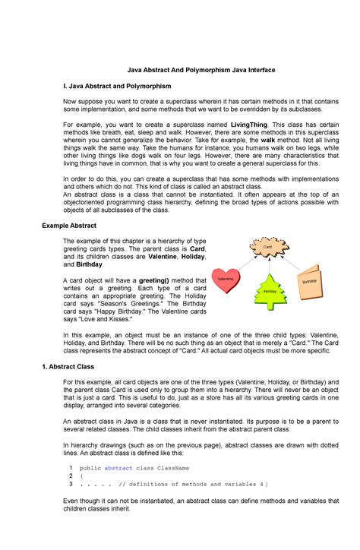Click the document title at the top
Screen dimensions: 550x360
coord(179,69)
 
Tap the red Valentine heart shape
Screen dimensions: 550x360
coord(226,280)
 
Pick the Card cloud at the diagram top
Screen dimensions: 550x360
coord(267,248)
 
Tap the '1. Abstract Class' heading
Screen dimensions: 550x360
coord(67,366)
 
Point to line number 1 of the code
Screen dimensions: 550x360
coord(70,468)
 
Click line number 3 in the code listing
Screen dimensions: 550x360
coord(70,484)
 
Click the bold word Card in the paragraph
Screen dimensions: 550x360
coord(197,248)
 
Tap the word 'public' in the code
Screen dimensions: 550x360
coord(90,468)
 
